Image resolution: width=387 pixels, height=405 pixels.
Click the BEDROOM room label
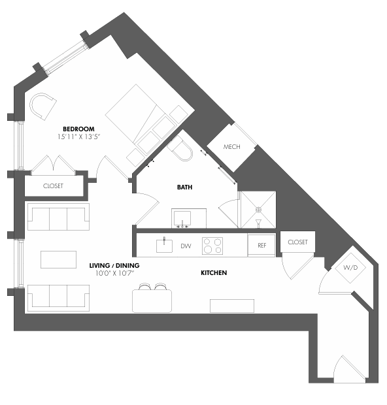pyautogui.click(x=79, y=129)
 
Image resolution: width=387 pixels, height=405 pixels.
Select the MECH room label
pyautogui.click(x=232, y=147)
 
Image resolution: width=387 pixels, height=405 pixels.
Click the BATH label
pyautogui.click(x=185, y=187)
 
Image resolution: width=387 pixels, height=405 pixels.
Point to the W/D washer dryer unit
pyautogui.click(x=350, y=268)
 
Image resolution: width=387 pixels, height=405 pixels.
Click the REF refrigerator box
pyautogui.click(x=261, y=246)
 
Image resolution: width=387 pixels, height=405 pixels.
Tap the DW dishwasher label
pyautogui.click(x=185, y=246)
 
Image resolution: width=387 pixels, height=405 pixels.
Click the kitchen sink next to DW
pyautogui.click(x=163, y=246)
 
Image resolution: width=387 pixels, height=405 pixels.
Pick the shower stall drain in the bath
pyautogui.click(x=258, y=210)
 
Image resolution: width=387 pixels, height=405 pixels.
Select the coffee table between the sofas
pyautogui.click(x=58, y=259)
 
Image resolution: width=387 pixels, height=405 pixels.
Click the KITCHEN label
pyautogui.click(x=214, y=272)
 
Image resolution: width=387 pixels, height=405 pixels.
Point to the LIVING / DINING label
pyautogui.click(x=114, y=266)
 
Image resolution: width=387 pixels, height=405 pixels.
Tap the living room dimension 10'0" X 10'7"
pyautogui.click(x=114, y=274)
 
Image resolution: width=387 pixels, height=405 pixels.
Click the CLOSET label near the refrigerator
pyautogui.click(x=297, y=242)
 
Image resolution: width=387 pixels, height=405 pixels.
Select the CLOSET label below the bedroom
pyautogui.click(x=54, y=186)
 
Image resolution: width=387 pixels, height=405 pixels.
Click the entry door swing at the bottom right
pyautogui.click(x=348, y=370)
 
